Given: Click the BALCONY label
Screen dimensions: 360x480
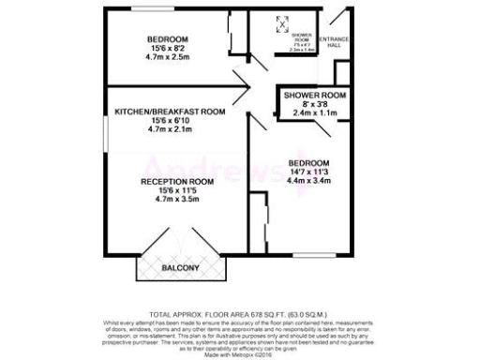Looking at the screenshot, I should point(181,269).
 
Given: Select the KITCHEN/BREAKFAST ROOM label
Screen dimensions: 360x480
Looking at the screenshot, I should point(170,112).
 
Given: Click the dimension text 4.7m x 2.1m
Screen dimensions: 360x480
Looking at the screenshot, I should point(170,130).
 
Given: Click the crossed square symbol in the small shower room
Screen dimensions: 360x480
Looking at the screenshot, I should point(279,24).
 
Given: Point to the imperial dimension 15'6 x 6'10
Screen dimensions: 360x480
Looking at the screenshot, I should point(170,121).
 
